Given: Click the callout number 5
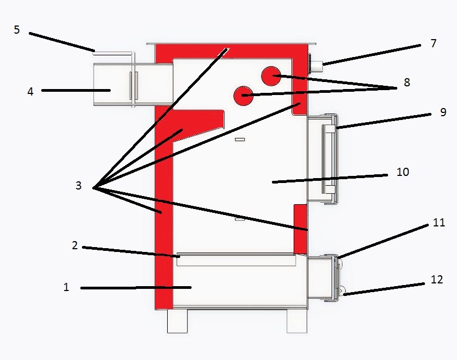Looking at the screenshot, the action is coord(17,30).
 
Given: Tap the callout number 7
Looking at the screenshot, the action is coord(434,43).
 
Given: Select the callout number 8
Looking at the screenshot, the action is coord(407,83).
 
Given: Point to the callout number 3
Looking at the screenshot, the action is coord(78,185).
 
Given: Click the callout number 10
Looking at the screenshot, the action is coord(403,172).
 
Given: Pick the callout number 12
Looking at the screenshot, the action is coord(436,280).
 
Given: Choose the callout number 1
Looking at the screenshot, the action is coord(66,287).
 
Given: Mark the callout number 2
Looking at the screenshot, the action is coord(75,245).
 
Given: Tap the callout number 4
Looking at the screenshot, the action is coord(30,92).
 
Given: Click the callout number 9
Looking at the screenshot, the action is coord(443,112).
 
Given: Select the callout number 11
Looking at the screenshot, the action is coord(439,223).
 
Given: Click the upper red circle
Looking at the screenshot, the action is coord(271,76).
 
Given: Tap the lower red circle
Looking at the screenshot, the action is coord(243,96).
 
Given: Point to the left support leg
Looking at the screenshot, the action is coord(177,321).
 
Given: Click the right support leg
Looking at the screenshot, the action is coord(297,321).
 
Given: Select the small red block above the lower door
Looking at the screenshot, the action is coord(300,229).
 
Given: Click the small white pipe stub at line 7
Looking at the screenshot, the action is coord(316,66).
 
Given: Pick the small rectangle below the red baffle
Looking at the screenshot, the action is coord(240,140).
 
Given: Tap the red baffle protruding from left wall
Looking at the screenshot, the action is coord(198,124).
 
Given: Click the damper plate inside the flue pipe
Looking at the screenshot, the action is coord(134,86).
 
